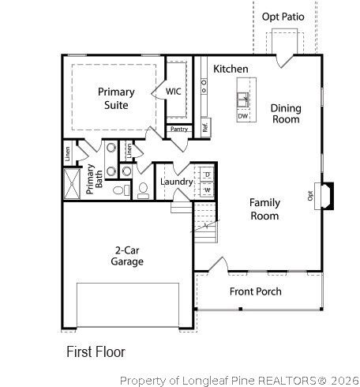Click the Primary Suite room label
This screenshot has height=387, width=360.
click(x=116, y=98)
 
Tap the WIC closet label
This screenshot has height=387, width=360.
click(x=174, y=92)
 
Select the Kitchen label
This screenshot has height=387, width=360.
click(x=231, y=70)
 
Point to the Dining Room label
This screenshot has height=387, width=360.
click(x=285, y=114)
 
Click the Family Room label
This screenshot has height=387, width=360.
click(x=264, y=209)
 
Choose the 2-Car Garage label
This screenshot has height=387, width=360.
click(x=126, y=256)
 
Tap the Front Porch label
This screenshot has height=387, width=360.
click(x=255, y=291)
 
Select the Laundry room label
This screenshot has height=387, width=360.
click(x=176, y=182)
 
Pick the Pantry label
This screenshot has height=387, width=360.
click(x=179, y=129)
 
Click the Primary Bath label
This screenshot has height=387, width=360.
click(x=94, y=178)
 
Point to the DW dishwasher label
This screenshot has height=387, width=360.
click(x=242, y=116)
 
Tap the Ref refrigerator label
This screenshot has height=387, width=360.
click(x=204, y=126)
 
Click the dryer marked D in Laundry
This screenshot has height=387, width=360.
click(x=207, y=175)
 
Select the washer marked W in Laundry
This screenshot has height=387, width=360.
click(x=207, y=190)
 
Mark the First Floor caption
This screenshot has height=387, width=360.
click(x=96, y=351)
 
